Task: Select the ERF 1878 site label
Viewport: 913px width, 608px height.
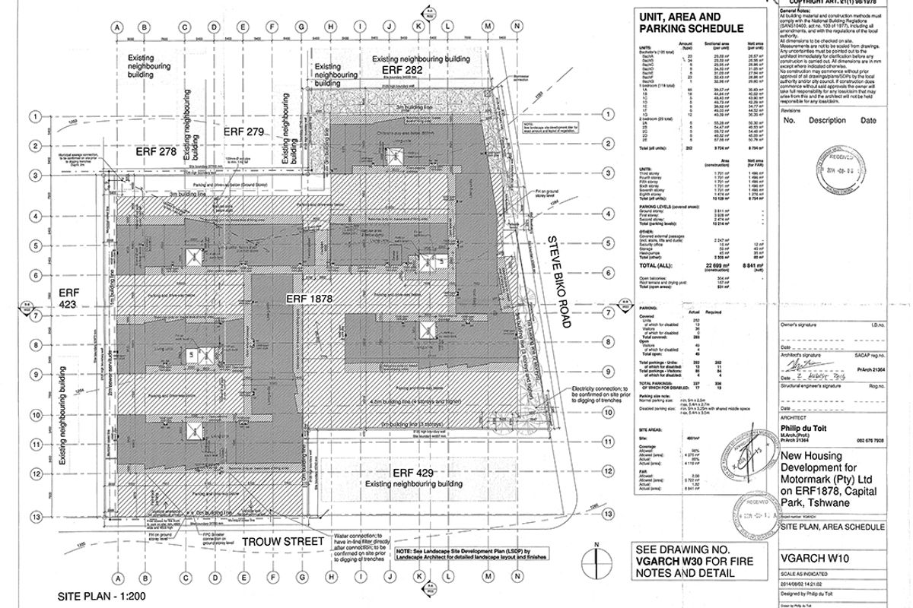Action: pyautogui.click(x=310, y=299)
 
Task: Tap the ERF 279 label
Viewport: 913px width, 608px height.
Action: pyautogui.click(x=243, y=131)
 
